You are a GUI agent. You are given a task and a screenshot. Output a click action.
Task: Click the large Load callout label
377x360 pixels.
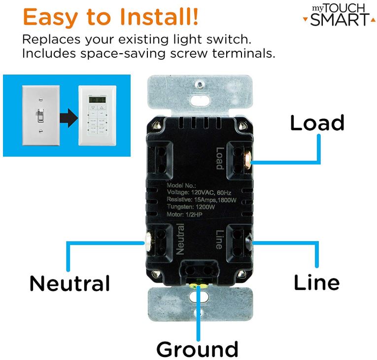click(x=317, y=123)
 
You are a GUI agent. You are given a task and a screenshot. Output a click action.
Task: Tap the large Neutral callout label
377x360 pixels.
click(x=69, y=284)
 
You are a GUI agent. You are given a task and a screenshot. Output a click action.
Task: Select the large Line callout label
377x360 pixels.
click(x=316, y=283)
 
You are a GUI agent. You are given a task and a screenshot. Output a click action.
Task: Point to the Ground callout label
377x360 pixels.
click(x=197, y=349)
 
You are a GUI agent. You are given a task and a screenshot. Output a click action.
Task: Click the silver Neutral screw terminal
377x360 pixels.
click(x=146, y=241)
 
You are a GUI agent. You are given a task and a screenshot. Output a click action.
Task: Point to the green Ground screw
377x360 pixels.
click(x=197, y=285)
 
